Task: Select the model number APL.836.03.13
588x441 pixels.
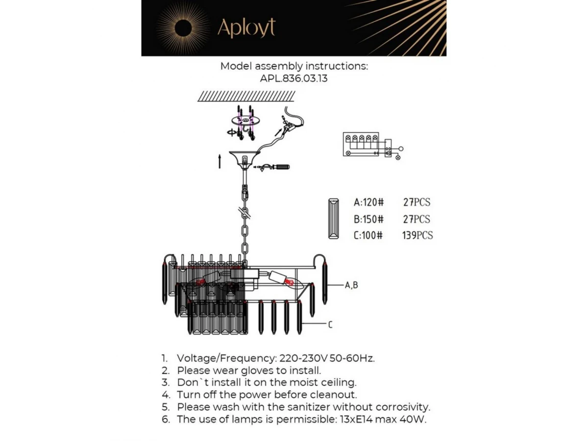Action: coord(294,78)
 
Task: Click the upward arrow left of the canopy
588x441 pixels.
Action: coord(220,161)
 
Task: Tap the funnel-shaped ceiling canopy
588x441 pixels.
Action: coord(244,158)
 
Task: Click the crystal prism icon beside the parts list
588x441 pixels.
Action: coord(335,219)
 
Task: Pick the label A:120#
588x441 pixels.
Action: coord(368,202)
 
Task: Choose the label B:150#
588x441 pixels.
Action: coord(368,219)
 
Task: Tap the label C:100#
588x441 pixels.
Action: coord(368,235)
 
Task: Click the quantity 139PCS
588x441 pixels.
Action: coord(417,235)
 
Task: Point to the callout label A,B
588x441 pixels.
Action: coord(351,285)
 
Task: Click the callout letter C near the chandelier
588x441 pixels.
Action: coord(330,324)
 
